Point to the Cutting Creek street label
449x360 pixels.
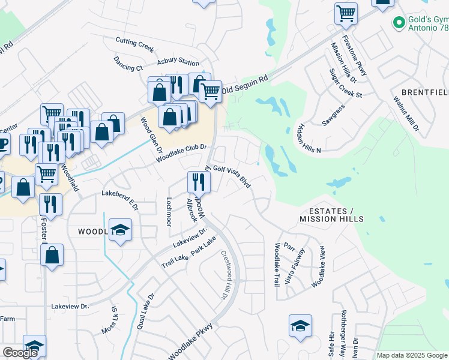tap(135, 44)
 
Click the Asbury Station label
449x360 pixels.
tap(178, 62)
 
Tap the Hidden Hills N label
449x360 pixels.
tap(309, 139)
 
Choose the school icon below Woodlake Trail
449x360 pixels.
tap(300, 326)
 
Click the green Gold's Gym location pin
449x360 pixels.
tap(397, 22)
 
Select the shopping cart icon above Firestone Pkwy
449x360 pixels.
tap(346, 13)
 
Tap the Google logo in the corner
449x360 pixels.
tap(20, 353)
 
